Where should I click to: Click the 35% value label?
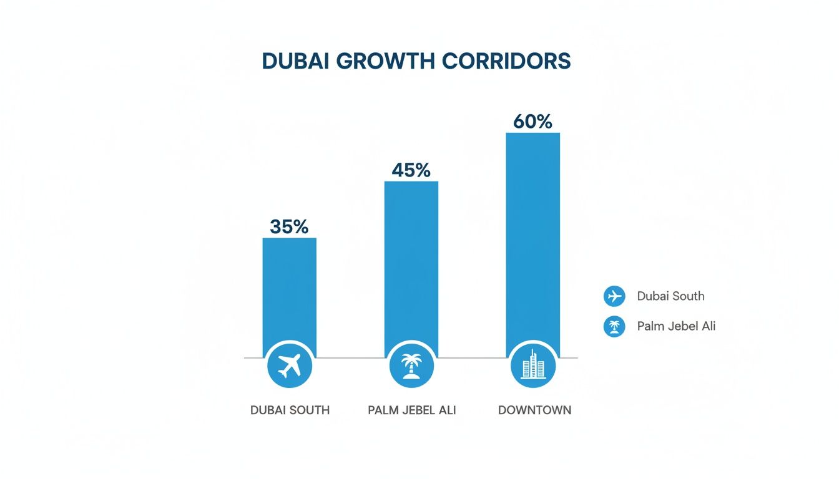[x=289, y=227]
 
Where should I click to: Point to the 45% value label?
[x=411, y=170]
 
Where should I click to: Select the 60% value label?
[x=532, y=122]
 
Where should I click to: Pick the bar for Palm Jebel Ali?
[x=411, y=262]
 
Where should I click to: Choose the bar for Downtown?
[x=532, y=237]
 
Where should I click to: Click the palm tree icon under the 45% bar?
[x=411, y=365]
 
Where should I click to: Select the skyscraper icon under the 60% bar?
[x=532, y=365]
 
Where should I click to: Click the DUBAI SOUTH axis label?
[x=290, y=410]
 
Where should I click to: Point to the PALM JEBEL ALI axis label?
[x=412, y=410]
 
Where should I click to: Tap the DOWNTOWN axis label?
[x=534, y=410]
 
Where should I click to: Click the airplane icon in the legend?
[x=614, y=296]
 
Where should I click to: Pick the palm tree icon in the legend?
[x=614, y=326]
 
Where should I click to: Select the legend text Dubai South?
[x=670, y=296]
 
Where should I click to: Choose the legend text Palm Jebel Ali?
[x=676, y=326]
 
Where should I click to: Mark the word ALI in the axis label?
[x=446, y=410]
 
